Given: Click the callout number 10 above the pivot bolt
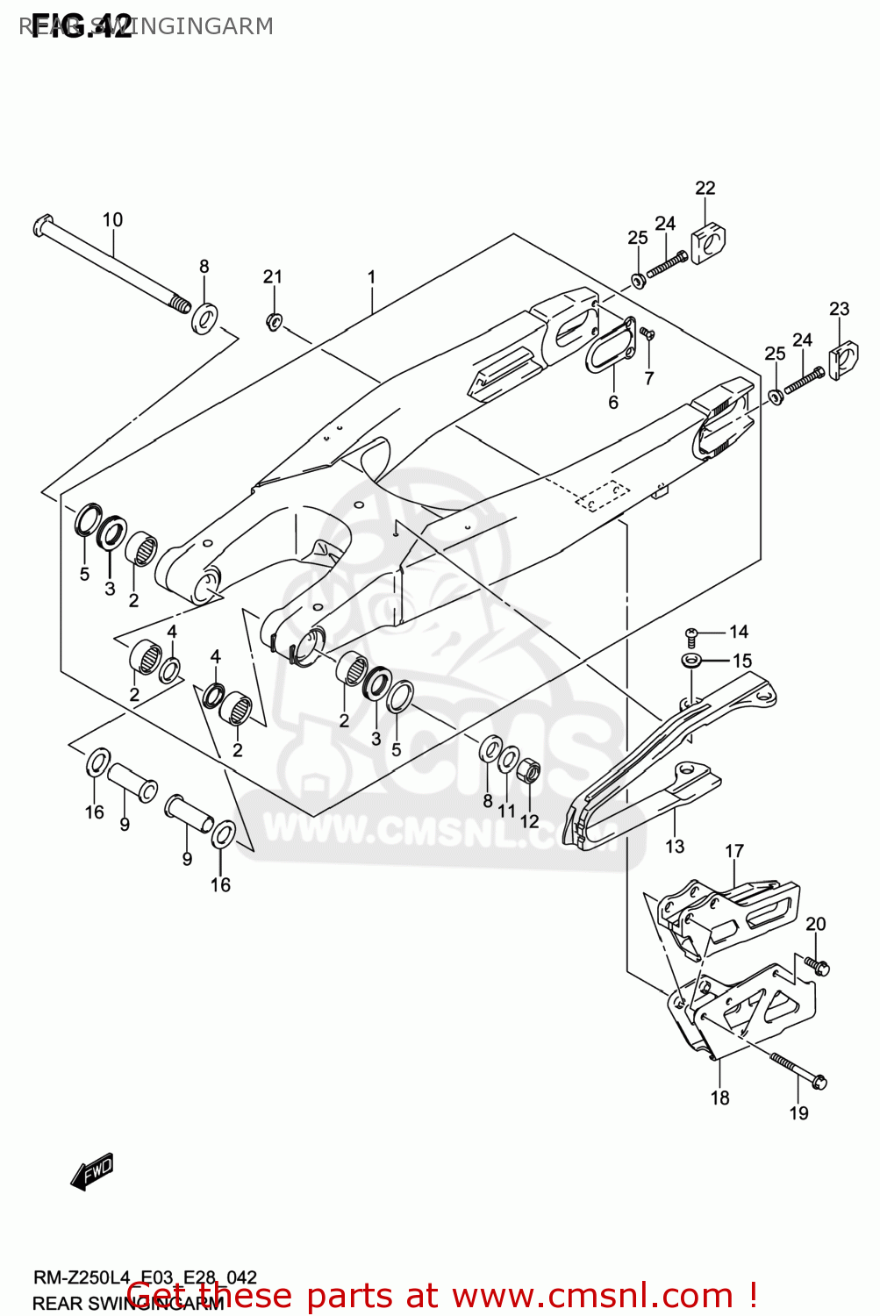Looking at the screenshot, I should coord(112,219).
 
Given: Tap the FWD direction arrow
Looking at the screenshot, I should coord(92,1170).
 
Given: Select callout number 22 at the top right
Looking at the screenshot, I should coord(705,188).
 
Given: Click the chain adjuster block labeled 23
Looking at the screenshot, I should coord(841,359).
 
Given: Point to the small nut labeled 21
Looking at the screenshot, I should coord(274,322).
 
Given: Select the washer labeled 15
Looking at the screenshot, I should coord(691,660).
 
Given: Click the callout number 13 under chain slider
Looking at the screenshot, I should coord(674,846).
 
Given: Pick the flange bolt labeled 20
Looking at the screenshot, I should coord(818,966).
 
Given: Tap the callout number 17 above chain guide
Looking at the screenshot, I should coord(733,851).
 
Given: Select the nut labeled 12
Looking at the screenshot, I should coord(529,772).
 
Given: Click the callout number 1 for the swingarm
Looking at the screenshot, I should coord(371,277).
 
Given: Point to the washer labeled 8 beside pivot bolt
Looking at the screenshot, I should coord(205,317).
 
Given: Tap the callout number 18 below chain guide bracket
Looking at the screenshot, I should coord(719,1098).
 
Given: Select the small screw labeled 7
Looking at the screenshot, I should coord(647,333).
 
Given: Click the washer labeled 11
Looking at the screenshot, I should coord(508,759).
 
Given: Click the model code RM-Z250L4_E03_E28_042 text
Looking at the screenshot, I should coord(144,1278).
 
